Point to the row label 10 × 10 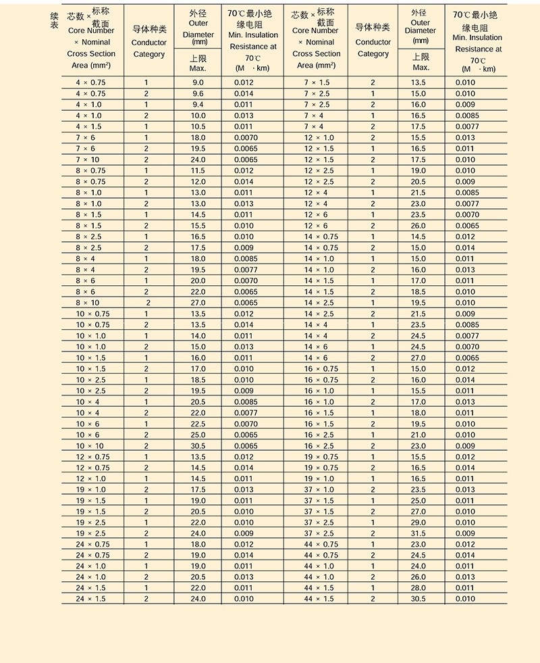click(90, 446)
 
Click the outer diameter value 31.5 click(418, 533)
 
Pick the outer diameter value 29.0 click(418, 522)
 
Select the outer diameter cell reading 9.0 click(198, 82)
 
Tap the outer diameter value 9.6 click(198, 93)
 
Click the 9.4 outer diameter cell click(198, 105)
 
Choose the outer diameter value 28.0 click(418, 588)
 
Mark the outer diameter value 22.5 click(198, 424)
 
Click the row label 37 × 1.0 click(319, 489)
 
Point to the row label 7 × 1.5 click(317, 82)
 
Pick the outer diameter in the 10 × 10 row click(198, 446)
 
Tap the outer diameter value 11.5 click(198, 170)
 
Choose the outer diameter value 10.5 click(198, 126)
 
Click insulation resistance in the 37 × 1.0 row click(465, 489)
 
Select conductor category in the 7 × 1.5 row click(373, 82)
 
